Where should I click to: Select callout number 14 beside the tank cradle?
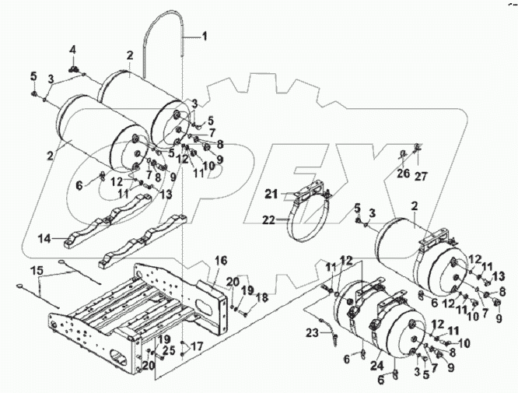coord(46,239)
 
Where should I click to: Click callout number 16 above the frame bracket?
coord(220,259)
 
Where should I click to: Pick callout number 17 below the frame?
coord(197,346)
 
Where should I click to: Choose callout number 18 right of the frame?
coord(262,297)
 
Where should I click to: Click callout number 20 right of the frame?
coord(233,280)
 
